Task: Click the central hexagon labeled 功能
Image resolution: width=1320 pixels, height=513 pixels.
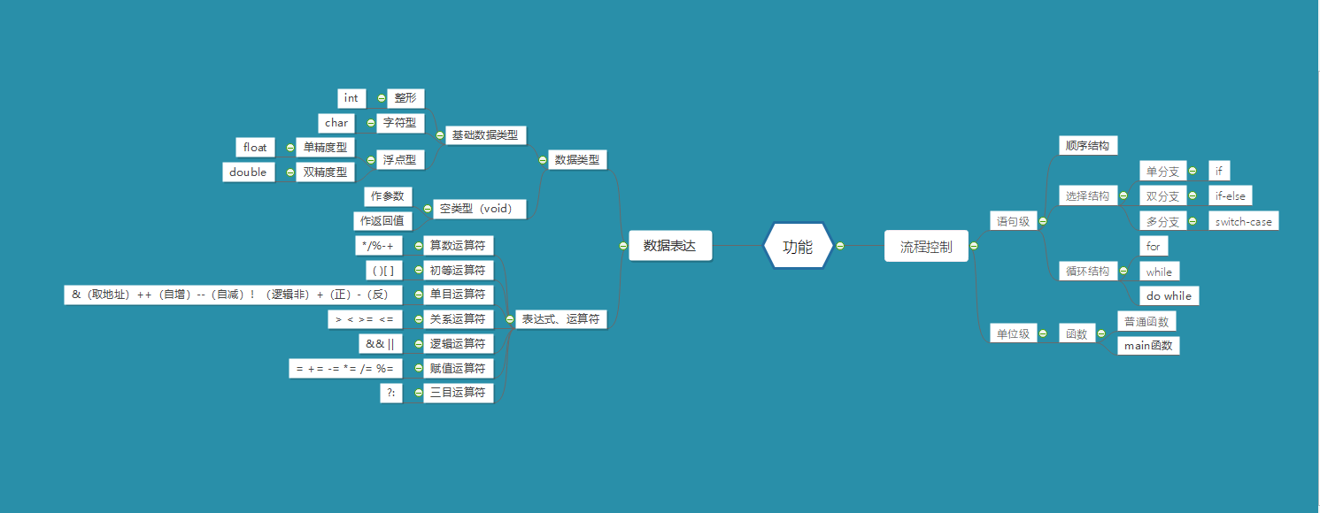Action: tap(798, 246)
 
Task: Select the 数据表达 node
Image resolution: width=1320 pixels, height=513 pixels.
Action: tap(670, 246)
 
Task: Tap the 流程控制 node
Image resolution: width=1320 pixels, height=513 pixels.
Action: tap(926, 246)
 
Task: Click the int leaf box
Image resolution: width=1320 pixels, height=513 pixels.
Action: tap(351, 98)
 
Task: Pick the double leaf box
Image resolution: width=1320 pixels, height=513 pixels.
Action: tap(248, 172)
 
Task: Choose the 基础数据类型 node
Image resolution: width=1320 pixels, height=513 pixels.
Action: tap(484, 135)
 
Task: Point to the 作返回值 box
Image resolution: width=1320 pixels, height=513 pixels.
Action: tap(382, 220)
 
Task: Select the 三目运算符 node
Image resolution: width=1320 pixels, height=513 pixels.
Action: tap(457, 393)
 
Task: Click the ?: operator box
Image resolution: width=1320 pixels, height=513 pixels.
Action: tap(390, 393)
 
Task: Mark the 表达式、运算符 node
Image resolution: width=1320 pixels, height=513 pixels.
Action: tap(561, 319)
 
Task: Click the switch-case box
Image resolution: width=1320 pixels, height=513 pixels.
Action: tap(1243, 221)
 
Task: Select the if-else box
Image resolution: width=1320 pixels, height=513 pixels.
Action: tap(1231, 195)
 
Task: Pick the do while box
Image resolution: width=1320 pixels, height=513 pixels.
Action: tap(1169, 295)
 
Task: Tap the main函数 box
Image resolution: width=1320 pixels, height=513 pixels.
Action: tap(1148, 345)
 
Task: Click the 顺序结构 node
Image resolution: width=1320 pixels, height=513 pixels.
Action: tap(1087, 145)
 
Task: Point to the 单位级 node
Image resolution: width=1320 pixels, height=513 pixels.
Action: tap(1013, 333)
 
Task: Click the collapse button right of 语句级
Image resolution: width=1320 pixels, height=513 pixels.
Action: tap(1043, 221)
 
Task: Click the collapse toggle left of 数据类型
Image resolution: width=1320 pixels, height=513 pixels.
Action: tap(543, 160)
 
